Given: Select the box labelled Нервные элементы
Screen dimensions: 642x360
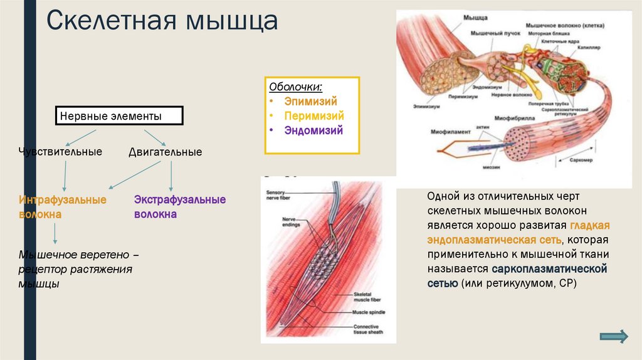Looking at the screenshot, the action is (120, 116).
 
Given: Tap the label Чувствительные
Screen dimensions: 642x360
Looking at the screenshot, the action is (61, 152).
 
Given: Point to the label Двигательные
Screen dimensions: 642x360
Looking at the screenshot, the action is (165, 152).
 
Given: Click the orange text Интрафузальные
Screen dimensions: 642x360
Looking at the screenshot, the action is (63, 199).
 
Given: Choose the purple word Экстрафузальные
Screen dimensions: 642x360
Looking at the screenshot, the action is (180, 199).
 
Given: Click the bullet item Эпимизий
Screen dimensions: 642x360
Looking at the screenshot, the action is (311, 101).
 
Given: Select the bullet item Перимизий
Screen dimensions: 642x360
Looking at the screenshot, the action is (314, 116).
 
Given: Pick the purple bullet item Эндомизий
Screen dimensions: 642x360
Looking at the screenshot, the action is (313, 131).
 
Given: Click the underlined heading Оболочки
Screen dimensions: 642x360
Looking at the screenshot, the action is (296, 86).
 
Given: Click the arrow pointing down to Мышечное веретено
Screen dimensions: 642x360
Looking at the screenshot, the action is (55, 233).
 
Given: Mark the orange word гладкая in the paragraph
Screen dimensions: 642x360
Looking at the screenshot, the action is (590, 226).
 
